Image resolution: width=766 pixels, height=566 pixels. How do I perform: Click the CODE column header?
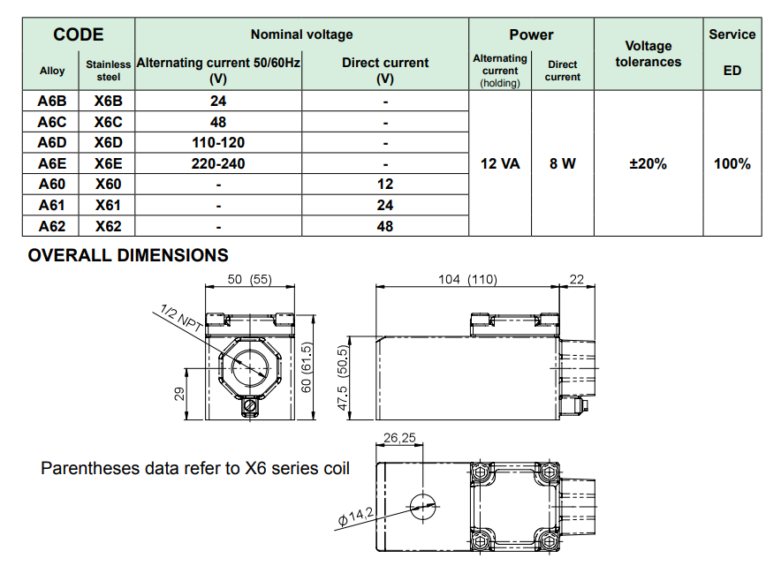pos(79,35)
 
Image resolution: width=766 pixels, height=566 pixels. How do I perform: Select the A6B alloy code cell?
pos(52,101)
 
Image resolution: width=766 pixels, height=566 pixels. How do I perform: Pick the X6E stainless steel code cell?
pos(108,163)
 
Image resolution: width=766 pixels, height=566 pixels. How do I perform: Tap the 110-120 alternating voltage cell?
pos(218,142)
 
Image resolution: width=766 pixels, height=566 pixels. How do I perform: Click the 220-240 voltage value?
pos(218,163)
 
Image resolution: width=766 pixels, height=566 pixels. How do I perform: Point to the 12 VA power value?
pos(499,163)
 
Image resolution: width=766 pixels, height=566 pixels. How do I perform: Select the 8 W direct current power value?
pos(562,163)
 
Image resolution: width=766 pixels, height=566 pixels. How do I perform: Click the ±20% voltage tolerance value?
pos(648,163)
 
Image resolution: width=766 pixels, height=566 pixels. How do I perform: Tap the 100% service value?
pos(732,163)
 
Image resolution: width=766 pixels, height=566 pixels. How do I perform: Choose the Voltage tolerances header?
pos(648,54)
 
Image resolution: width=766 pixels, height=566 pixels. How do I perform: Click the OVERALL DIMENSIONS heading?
pos(128,256)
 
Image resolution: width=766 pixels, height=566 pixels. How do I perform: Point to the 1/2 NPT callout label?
pos(182,318)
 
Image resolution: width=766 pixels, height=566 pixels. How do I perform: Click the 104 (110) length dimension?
pos(467,279)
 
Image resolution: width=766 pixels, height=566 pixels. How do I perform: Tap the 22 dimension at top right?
pos(577,279)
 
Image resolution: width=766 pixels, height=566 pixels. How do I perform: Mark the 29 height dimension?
pos(179,393)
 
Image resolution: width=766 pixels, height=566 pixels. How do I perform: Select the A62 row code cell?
pos(52,226)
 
